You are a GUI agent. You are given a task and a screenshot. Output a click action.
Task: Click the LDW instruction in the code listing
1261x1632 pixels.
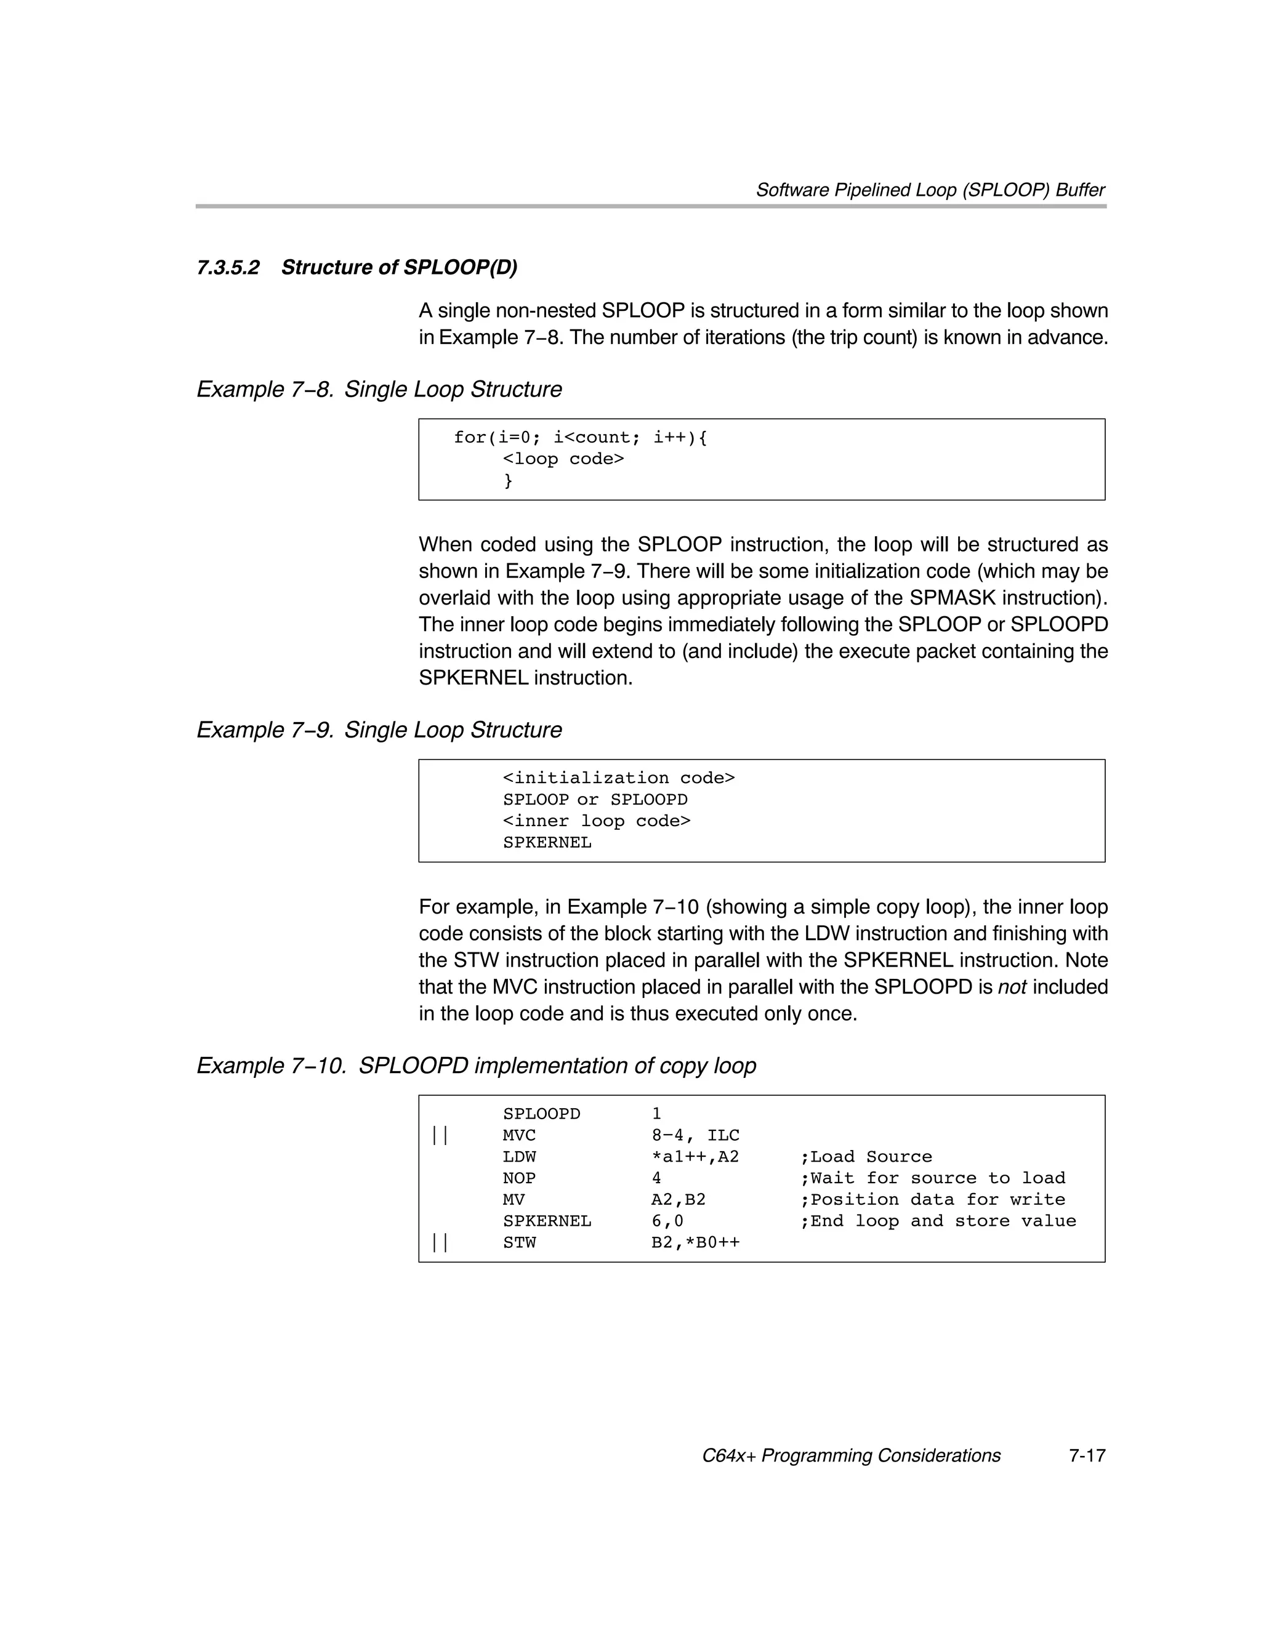coord(520,1157)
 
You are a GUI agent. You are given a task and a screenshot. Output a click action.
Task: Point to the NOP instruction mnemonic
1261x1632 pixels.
coord(520,1178)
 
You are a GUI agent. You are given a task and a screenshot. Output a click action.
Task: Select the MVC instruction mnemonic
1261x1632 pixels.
coord(520,1136)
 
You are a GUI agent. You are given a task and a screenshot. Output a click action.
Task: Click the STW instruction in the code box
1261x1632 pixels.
coord(520,1243)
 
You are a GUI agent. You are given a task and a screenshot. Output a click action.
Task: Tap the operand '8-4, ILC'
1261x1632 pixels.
coord(695,1136)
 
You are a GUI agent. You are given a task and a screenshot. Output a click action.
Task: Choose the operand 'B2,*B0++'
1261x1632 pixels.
coord(695,1243)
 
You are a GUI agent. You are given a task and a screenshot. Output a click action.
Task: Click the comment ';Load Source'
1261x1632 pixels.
coord(866,1157)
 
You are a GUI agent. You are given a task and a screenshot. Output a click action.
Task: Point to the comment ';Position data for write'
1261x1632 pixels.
coord(932,1200)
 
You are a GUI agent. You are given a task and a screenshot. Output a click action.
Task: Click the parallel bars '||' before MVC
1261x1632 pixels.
coord(440,1136)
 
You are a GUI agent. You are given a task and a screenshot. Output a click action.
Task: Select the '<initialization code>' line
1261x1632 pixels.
coord(619,778)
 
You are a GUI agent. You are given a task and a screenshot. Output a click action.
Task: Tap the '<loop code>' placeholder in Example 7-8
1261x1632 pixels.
coord(563,459)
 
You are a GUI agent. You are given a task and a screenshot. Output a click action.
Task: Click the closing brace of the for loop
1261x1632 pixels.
coord(509,480)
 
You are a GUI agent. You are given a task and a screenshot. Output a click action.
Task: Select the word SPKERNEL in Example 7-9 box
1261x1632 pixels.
coord(547,843)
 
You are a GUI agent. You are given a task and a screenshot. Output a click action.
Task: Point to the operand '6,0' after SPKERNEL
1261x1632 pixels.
coord(667,1221)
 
